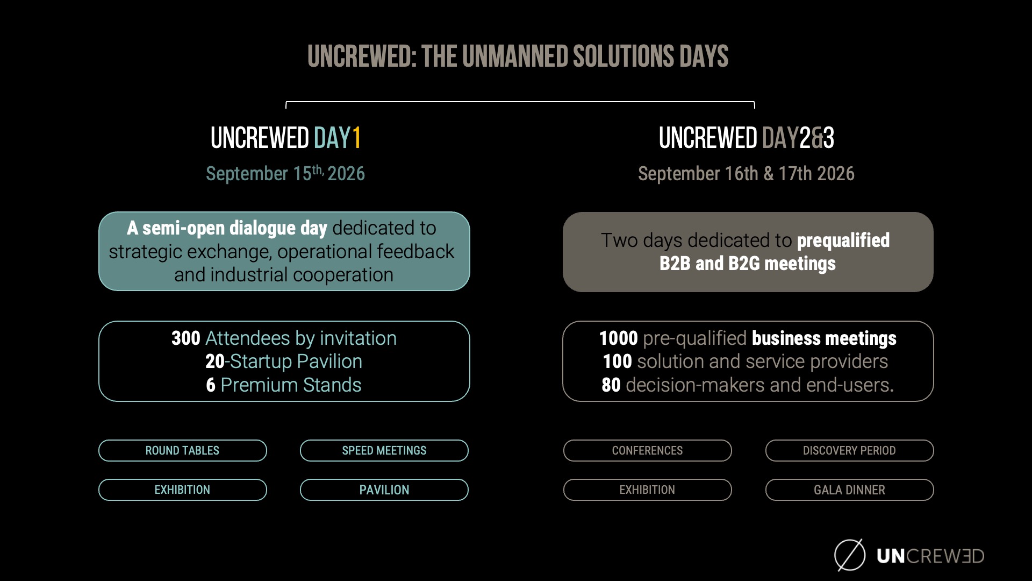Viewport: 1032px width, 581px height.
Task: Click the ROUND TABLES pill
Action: point(183,450)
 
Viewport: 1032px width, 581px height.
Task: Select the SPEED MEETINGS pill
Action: point(384,450)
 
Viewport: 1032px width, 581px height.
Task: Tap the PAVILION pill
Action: point(384,490)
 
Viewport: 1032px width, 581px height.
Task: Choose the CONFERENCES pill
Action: point(647,450)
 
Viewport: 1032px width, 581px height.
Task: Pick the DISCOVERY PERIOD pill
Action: point(849,450)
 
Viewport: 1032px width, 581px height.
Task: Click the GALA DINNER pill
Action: point(849,490)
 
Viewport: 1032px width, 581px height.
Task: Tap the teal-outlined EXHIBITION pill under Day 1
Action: point(183,490)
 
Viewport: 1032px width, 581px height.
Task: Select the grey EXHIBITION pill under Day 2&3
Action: point(647,490)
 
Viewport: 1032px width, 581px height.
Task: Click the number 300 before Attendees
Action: point(186,338)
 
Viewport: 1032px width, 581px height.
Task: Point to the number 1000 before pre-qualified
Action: point(619,338)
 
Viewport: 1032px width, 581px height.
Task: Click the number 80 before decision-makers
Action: point(611,385)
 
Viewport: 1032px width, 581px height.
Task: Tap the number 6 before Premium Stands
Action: point(211,385)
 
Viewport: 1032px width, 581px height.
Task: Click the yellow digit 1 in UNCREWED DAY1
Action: point(356,138)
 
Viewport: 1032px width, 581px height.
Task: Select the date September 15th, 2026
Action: point(285,173)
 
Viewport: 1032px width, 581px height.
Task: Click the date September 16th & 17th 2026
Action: point(746,173)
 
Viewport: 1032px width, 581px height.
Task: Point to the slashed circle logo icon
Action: point(850,555)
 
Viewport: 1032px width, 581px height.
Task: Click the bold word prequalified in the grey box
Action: point(843,240)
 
